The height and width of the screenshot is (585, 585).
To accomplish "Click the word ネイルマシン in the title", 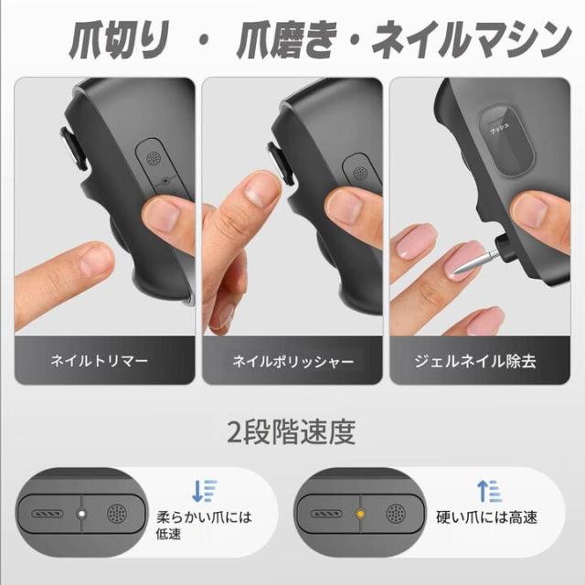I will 475,42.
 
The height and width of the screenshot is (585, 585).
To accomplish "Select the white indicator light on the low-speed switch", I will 81,515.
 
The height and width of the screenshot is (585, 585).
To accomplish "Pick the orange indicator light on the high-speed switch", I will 360,515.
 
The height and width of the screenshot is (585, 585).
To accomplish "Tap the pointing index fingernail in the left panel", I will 95,260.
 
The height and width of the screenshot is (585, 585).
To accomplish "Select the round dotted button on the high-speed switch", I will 394,515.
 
